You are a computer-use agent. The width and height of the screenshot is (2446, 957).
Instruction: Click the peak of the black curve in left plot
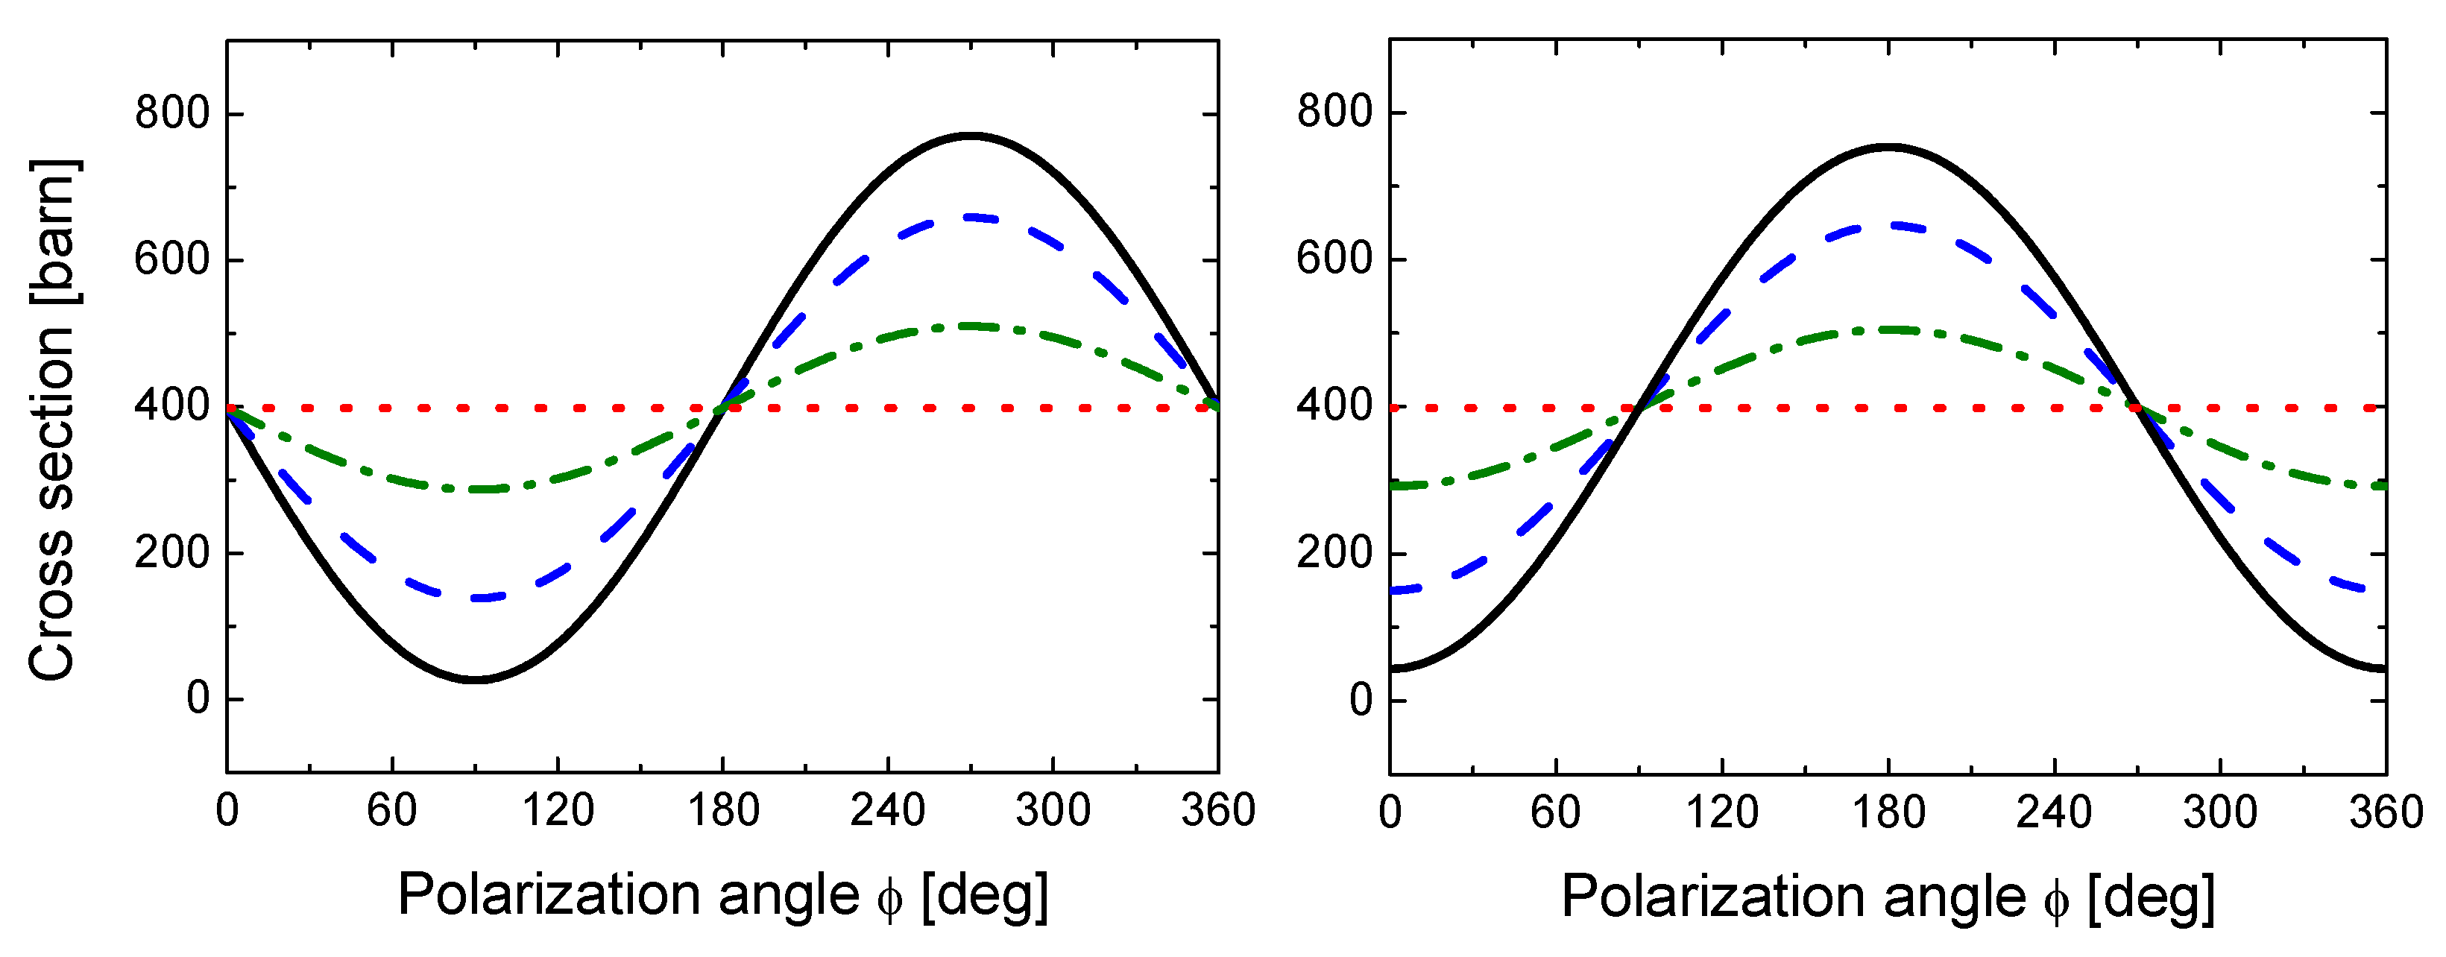971,136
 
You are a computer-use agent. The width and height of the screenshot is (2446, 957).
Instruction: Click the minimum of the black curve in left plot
475,680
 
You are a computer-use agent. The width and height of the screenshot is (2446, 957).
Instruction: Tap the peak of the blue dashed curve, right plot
1888,226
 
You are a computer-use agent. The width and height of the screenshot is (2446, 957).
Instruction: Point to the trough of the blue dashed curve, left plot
485,598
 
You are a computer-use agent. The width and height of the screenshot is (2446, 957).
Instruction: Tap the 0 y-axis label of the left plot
198,699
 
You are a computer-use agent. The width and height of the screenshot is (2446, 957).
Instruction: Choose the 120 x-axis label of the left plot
558,811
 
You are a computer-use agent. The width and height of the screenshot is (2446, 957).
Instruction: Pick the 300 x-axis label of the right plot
2220,812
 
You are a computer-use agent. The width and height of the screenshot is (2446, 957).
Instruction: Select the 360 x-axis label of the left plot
1218,811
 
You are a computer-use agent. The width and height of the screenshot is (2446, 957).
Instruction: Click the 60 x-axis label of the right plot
1555,812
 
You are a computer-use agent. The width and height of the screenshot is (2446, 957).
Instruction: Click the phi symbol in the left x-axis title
889,897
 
